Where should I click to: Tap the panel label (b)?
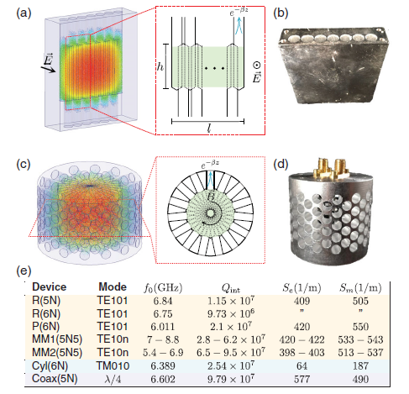(x=283, y=11)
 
